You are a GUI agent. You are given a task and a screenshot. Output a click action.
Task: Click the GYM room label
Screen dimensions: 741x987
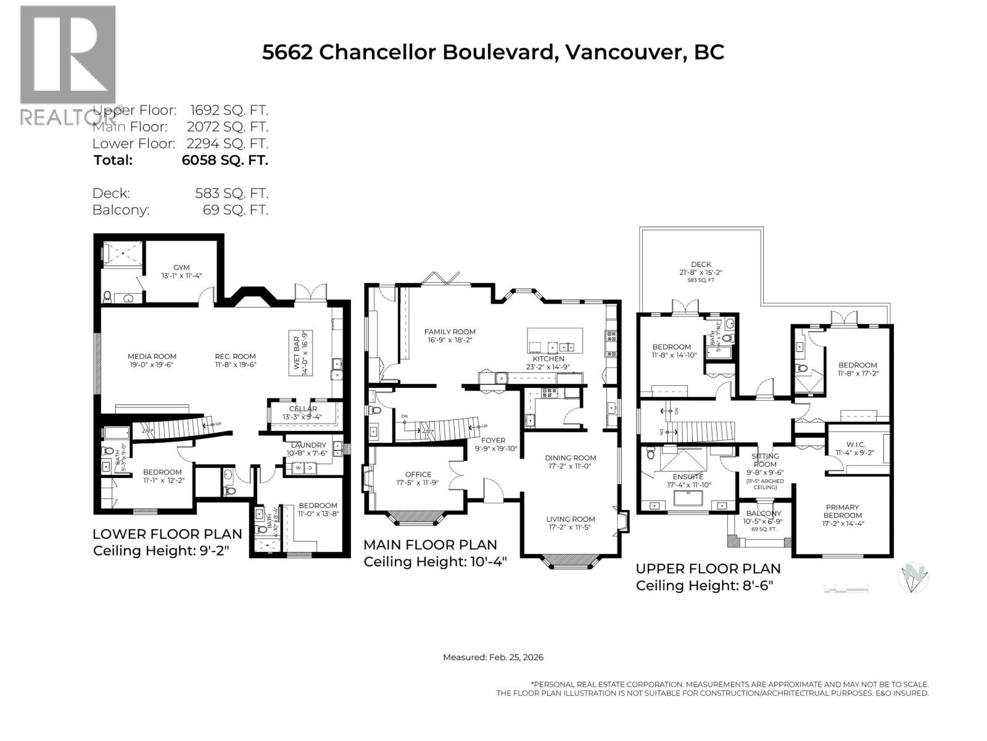(181, 267)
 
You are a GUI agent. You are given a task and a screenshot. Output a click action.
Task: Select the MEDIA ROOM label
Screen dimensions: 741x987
(152, 356)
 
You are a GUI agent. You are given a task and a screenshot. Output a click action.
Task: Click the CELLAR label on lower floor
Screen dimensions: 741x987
(303, 409)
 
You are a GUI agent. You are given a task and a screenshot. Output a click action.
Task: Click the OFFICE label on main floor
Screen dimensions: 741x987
(418, 475)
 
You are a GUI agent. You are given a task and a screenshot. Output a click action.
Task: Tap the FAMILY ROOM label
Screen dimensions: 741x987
(450, 332)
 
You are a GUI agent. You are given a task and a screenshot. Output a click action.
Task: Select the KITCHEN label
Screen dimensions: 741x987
(548, 359)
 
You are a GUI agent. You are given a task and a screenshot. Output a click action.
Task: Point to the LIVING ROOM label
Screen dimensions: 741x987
(570, 519)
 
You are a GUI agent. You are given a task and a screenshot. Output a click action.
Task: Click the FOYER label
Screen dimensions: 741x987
(493, 440)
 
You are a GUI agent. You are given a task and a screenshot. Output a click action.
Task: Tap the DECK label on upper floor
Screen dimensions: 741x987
(701, 264)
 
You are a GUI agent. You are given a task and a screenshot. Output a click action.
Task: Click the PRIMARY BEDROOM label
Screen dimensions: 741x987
(842, 511)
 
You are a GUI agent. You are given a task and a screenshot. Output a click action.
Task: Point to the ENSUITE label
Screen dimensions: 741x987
(688, 477)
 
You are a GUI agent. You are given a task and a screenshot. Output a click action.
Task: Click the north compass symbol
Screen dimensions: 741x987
(913, 578)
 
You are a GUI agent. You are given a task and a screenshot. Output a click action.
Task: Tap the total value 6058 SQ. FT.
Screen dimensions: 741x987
(225, 160)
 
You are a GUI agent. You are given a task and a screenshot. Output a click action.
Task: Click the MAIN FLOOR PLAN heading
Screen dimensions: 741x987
(429, 545)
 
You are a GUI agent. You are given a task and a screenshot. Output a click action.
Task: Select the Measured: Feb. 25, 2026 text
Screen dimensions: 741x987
(493, 657)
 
